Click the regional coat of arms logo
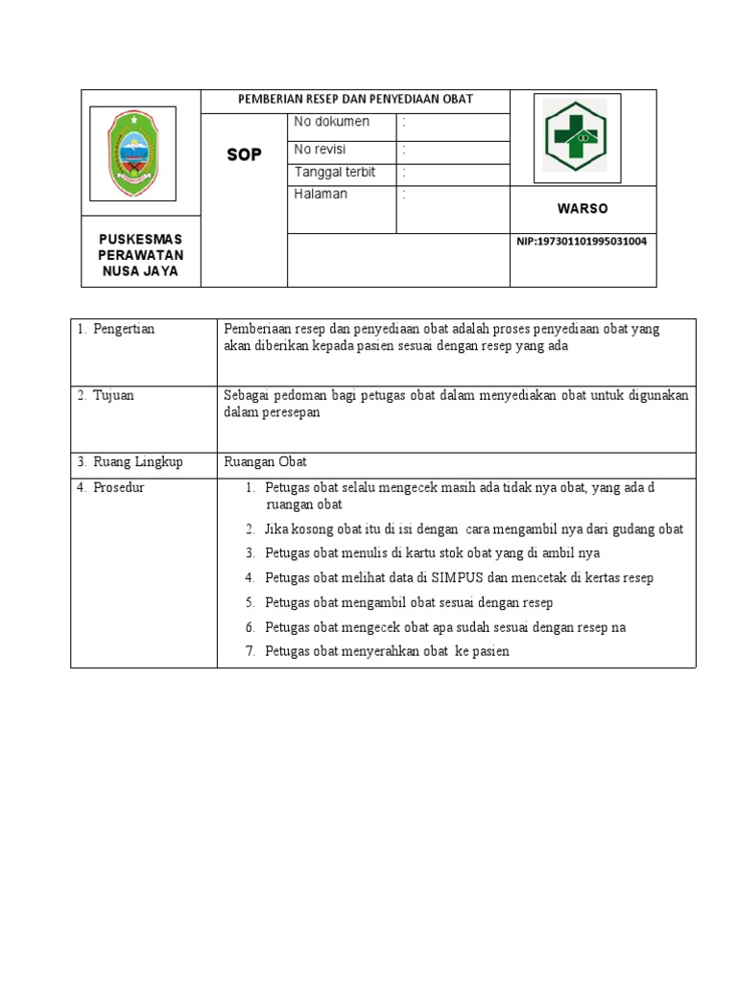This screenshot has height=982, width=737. pyautogui.click(x=132, y=153)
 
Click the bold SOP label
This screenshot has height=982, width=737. pyautogui.click(x=244, y=154)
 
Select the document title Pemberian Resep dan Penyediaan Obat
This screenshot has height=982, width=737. pyautogui.click(x=355, y=99)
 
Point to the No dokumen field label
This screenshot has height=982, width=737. pyautogui.click(x=331, y=122)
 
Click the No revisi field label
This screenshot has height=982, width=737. pyautogui.click(x=320, y=150)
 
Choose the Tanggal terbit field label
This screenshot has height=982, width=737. pyautogui.click(x=334, y=173)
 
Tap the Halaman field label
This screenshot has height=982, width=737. pyautogui.click(x=321, y=194)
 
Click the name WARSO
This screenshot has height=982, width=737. pyautogui.click(x=582, y=209)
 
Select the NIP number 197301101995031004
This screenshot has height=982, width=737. pyautogui.click(x=582, y=242)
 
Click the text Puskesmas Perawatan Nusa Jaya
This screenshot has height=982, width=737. pyautogui.click(x=142, y=254)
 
